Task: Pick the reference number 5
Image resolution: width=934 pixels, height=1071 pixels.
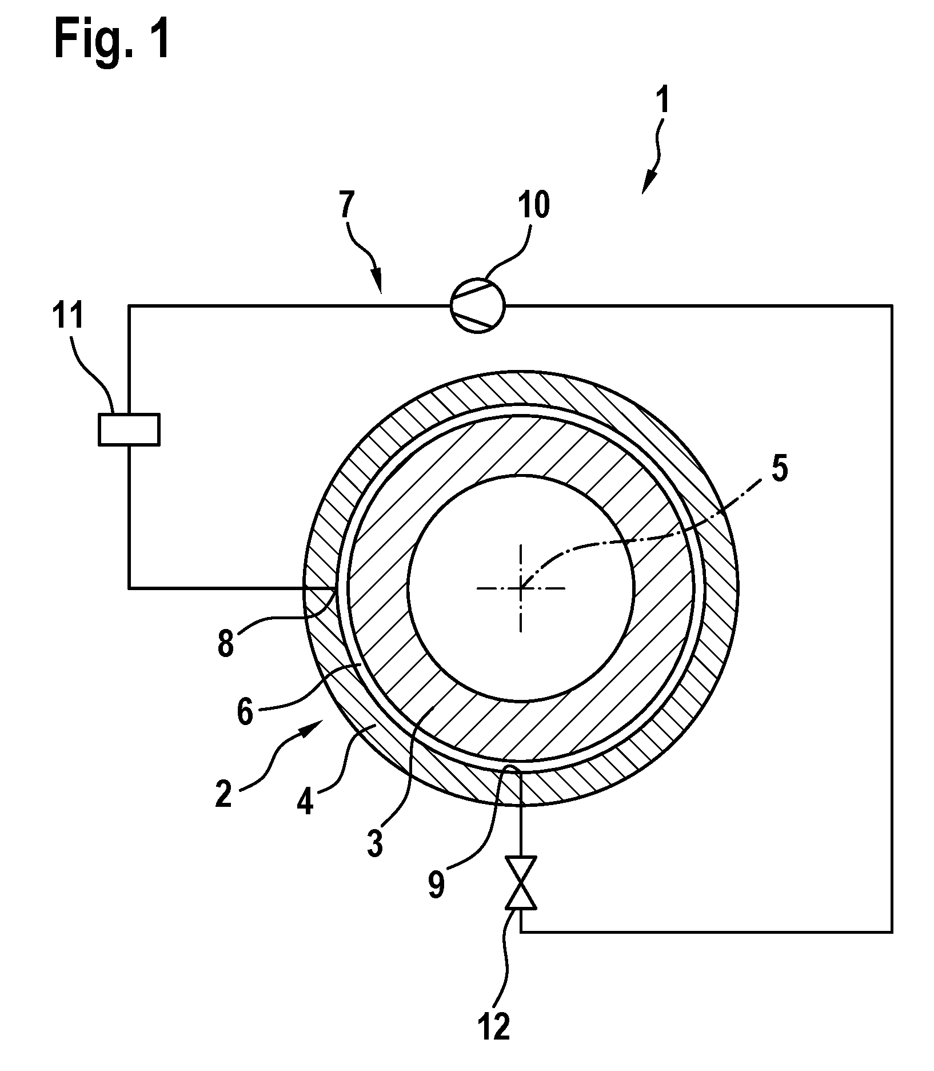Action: [779, 468]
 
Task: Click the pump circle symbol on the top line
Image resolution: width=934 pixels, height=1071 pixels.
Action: [478, 306]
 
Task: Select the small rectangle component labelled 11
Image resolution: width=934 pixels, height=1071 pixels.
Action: [129, 429]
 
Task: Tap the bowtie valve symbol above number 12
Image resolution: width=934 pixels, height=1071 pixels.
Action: [520, 890]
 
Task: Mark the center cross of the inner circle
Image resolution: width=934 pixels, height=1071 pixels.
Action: [520, 587]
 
